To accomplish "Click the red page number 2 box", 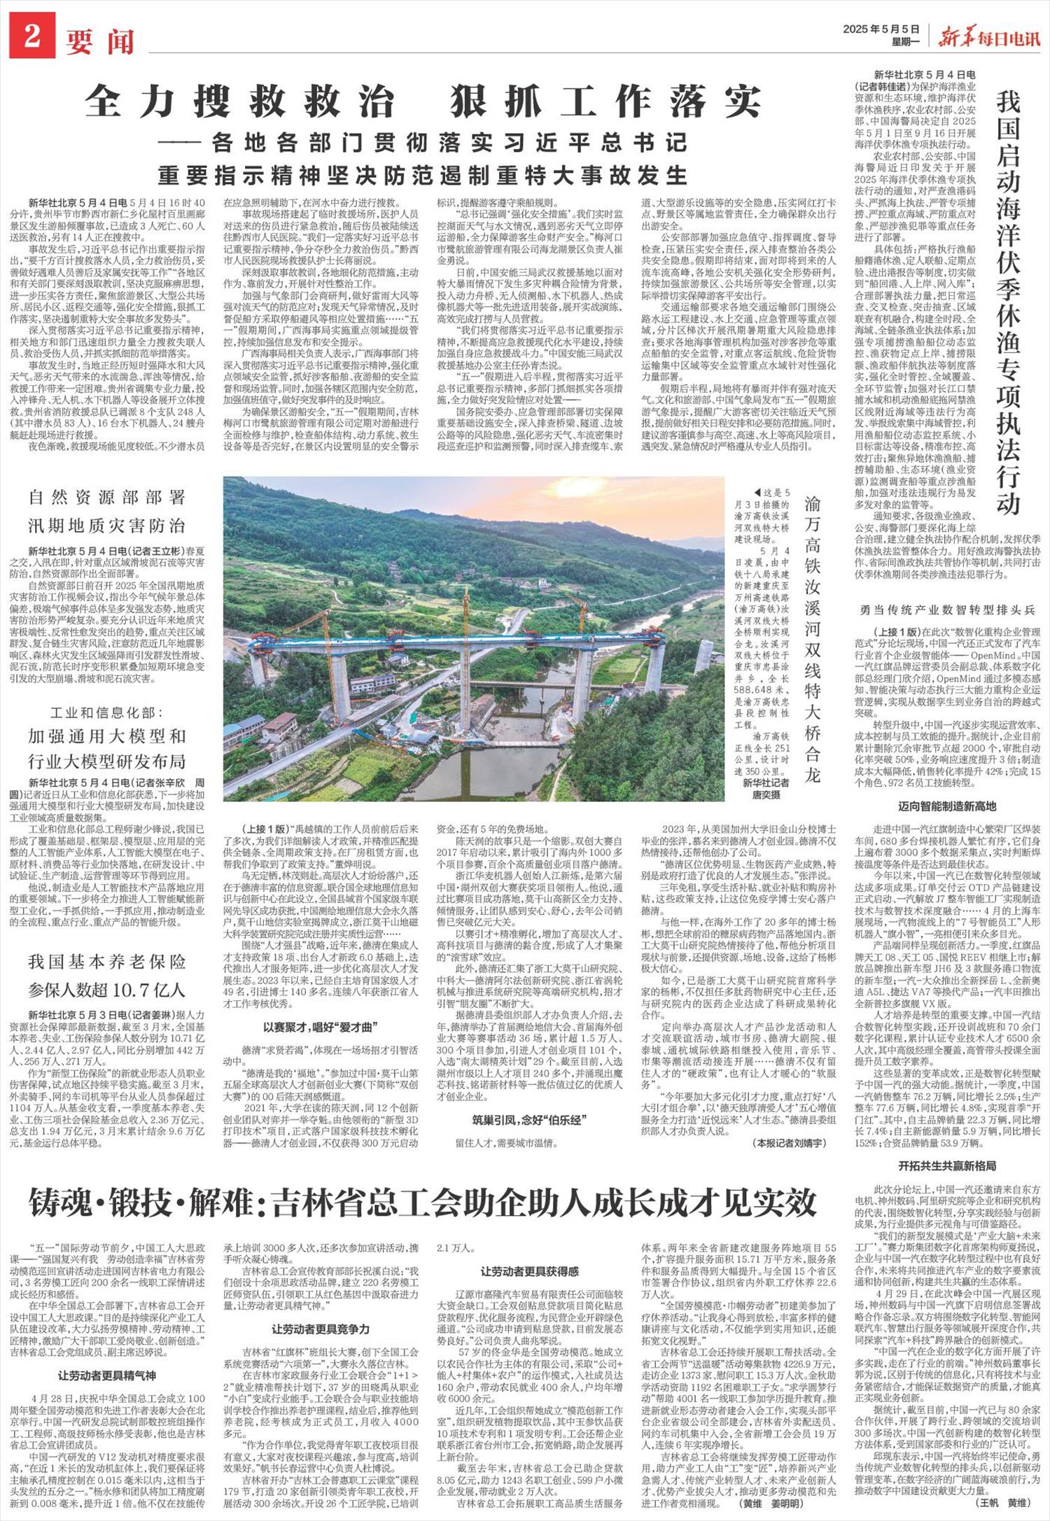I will coord(31,38).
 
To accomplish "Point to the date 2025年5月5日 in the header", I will coord(881,29).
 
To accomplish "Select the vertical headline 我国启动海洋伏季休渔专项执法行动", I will coord(1009,302).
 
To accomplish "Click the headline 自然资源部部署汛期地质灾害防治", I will coord(107,511).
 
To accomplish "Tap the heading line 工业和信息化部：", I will coord(107,713).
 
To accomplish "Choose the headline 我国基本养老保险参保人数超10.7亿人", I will coord(107,975).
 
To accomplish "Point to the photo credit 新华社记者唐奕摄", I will coord(766,789).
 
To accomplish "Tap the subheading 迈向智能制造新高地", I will coord(947,806).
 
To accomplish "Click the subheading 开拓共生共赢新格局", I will coord(947,1165).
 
